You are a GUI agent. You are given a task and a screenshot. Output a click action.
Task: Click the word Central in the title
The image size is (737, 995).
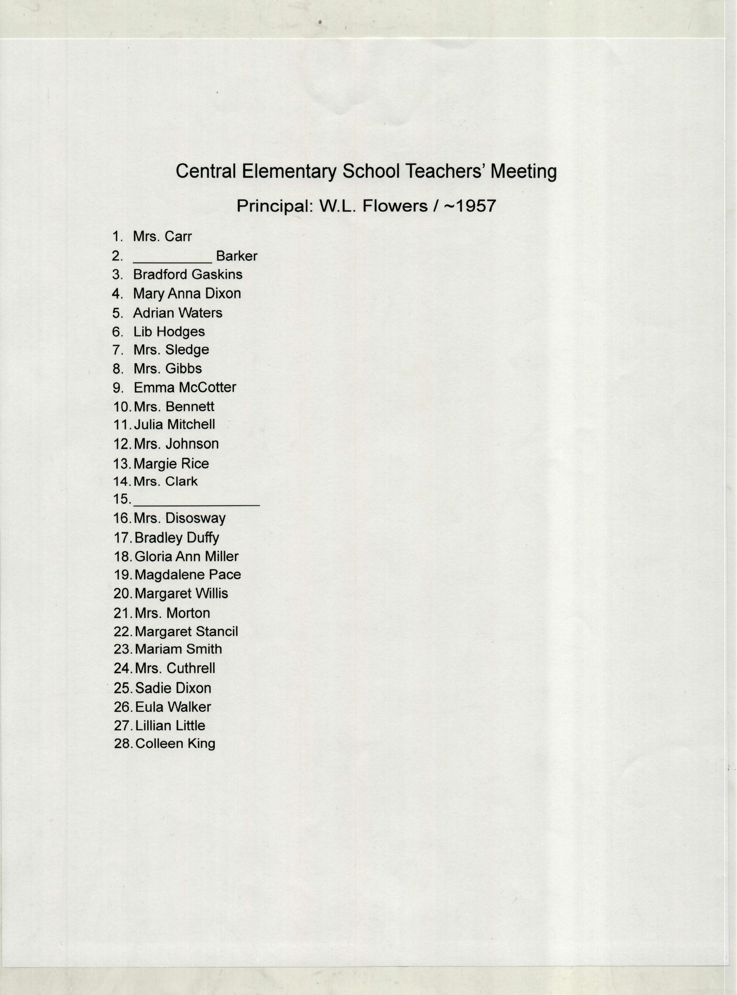tap(206, 171)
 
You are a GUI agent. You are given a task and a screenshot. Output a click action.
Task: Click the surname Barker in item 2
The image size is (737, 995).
tap(236, 256)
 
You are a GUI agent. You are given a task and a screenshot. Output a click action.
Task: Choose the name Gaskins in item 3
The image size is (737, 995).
tap(217, 275)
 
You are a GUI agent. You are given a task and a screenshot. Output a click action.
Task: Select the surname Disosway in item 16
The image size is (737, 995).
tap(196, 519)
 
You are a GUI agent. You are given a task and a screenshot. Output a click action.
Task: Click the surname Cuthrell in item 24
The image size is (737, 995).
tap(190, 669)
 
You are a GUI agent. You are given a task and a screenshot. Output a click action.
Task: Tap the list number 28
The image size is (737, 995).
tap(123, 744)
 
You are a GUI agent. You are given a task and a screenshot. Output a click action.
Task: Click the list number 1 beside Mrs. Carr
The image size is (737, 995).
tap(117, 237)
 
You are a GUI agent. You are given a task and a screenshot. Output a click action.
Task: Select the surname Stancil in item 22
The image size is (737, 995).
tap(215, 632)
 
